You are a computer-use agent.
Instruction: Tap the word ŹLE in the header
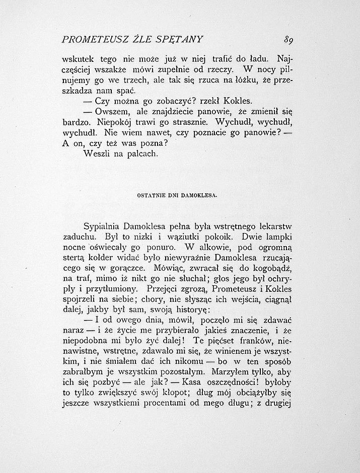[x=134, y=39]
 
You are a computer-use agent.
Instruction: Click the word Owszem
[x=111, y=112]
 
